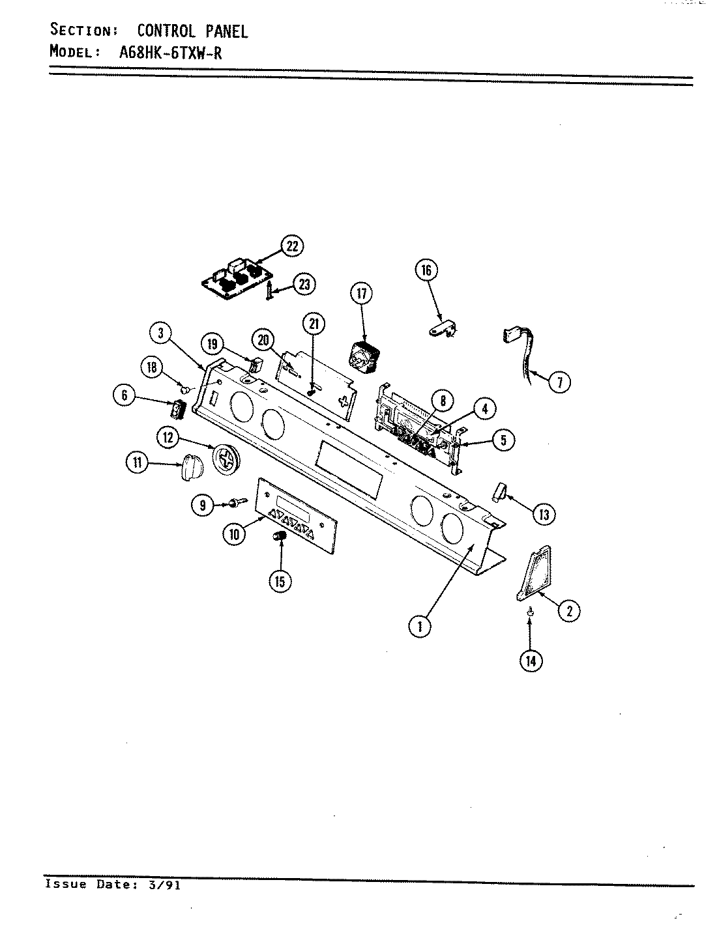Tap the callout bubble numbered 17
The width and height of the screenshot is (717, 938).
click(x=362, y=294)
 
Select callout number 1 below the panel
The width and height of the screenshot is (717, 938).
click(x=420, y=627)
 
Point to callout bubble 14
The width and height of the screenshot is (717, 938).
click(x=531, y=661)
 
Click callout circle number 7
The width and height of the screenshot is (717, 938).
click(x=559, y=381)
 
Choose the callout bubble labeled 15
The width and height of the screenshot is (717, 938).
click(x=280, y=581)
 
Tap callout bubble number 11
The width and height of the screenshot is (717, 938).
click(x=136, y=463)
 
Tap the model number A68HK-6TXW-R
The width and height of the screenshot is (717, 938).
click(x=171, y=53)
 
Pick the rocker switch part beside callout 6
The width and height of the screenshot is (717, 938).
click(x=178, y=410)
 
